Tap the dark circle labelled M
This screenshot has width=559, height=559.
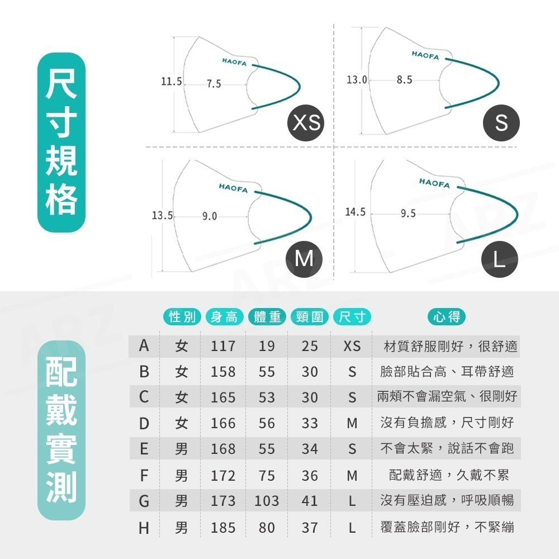pos(304,258)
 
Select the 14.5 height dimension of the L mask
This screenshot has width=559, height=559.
pos(355,212)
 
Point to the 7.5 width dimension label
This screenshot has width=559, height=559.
pos(214,84)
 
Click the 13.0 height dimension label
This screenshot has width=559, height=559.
pos(357,80)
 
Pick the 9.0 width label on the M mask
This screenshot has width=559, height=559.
pos(210,216)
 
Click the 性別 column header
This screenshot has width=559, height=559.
pos(182,317)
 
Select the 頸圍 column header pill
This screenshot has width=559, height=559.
pos(309,317)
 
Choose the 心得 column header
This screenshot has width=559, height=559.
pos(447,317)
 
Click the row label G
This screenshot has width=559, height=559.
pos(144,501)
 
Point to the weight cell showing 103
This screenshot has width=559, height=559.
pos(267,501)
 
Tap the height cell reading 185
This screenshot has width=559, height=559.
pos(223,527)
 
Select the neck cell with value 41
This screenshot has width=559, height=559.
pos(310,501)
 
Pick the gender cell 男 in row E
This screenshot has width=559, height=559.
pos(181,449)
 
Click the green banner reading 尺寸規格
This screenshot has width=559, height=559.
pos(61,143)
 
